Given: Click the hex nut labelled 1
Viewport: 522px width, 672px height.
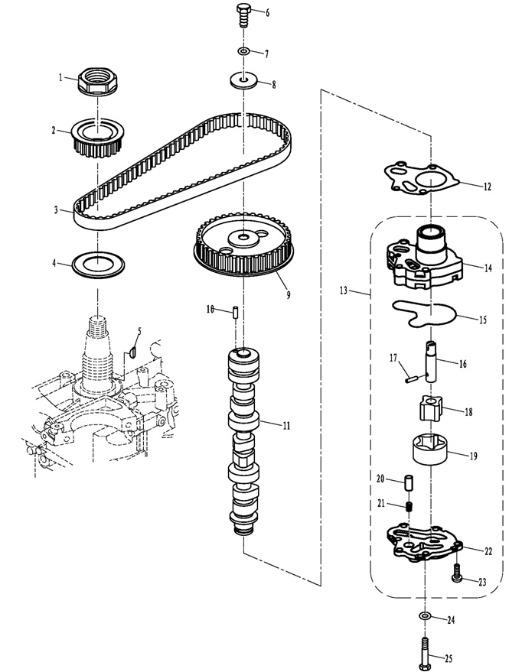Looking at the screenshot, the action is pos(97,80).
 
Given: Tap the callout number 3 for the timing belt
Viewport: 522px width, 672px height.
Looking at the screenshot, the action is pos(56,210).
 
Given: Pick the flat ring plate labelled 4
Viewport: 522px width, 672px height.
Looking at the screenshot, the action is pos(98,265).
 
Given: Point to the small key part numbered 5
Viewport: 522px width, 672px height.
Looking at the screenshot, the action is pos(132,352).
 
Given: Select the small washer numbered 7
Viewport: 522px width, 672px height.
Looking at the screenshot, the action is pos(243,52).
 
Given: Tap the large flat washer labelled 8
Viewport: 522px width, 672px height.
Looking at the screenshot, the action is pos(243,80).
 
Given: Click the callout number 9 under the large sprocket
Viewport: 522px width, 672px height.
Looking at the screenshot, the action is pos(289,295).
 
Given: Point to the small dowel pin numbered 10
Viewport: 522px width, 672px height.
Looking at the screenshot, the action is pos(236,312).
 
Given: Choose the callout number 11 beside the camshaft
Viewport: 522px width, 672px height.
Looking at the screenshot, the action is pos(286,426).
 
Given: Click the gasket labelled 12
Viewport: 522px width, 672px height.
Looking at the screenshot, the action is pos(421,179).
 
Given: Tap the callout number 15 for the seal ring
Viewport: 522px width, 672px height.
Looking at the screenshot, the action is pos(483,320).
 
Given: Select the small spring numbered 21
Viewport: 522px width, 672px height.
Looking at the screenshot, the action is pos(409,507).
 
